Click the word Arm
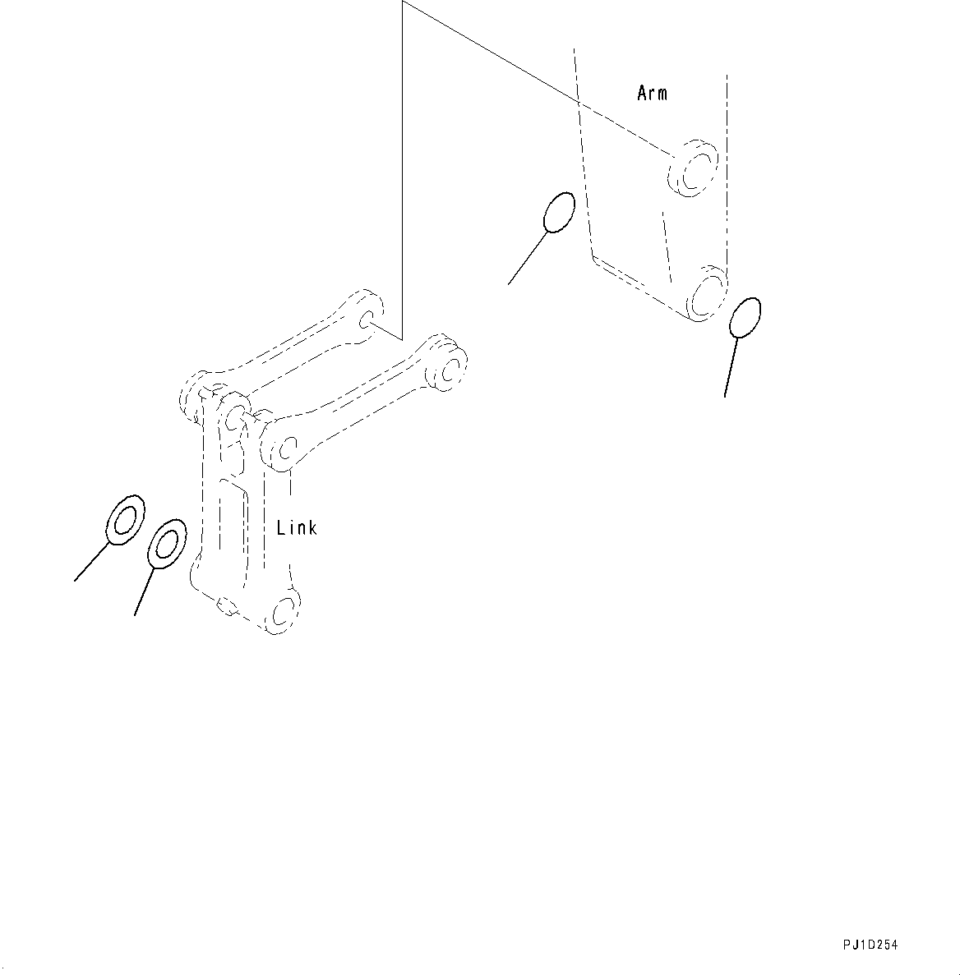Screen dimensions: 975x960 [x=652, y=93]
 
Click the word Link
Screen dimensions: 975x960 [x=297, y=528]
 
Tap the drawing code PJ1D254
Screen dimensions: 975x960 [x=870, y=945]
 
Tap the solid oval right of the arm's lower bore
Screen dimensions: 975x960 [x=745, y=317]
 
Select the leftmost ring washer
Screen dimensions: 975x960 [x=126, y=520]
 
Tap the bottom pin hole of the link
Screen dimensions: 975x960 [x=283, y=613]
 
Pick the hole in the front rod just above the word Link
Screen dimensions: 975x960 [x=284, y=448]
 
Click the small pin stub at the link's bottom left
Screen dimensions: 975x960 [x=225, y=606]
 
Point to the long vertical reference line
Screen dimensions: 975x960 [x=403, y=164]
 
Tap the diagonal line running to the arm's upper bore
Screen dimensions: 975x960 [x=534, y=78]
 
